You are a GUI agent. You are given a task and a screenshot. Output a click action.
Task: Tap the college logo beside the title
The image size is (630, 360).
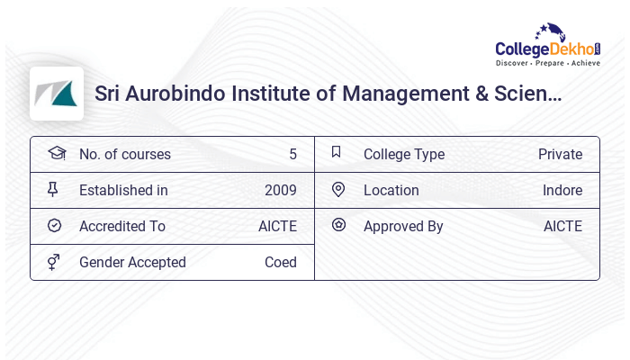[57, 94]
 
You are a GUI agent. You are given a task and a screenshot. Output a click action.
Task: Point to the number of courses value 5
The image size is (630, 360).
[292, 154]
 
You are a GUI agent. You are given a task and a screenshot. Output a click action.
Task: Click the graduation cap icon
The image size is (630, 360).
[57, 153]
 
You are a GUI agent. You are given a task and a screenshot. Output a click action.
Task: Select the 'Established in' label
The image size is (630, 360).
[123, 190]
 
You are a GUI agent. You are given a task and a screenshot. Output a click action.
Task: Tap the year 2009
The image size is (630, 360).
[280, 190]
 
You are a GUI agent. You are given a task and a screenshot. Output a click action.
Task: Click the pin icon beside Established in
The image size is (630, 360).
[53, 189]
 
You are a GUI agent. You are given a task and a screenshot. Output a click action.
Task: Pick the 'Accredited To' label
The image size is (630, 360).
[122, 226]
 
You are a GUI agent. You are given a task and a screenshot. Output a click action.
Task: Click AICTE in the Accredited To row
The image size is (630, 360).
[277, 226]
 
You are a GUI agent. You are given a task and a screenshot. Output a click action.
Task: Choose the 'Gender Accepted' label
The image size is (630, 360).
[132, 262]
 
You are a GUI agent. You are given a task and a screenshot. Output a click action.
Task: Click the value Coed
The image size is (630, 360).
[280, 262]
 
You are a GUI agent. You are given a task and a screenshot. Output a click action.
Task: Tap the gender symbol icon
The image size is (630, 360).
[54, 262]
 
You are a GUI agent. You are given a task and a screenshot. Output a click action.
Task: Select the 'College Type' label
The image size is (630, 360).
[403, 154]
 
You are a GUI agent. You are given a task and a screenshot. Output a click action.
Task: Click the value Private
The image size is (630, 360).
[560, 154]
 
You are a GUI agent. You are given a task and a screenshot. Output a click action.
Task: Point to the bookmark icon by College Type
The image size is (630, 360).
[337, 152]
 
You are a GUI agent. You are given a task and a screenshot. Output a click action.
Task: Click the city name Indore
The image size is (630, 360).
[562, 190]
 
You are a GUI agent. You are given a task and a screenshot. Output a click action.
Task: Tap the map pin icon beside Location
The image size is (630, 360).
[337, 189]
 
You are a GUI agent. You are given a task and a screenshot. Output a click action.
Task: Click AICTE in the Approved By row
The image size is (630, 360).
[562, 226]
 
